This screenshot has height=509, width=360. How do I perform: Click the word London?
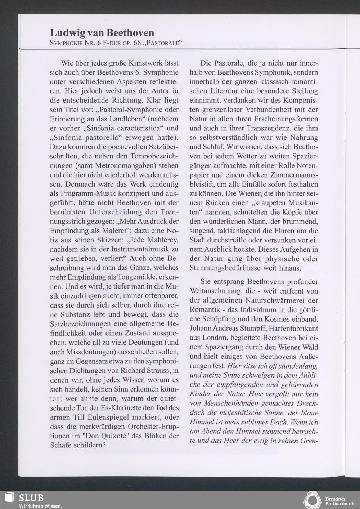218,338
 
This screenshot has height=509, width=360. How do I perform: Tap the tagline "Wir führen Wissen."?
40,506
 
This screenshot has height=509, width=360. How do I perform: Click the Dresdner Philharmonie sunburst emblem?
312,501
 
